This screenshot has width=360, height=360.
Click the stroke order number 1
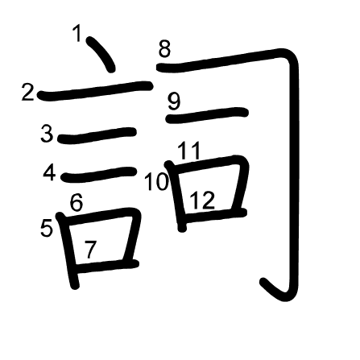(78, 33)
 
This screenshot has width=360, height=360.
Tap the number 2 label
(28, 93)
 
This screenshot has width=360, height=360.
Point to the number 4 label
(49, 173)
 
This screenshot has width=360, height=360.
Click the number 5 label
(46, 228)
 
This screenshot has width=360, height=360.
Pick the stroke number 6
(77, 202)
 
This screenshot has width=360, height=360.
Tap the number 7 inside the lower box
(90, 250)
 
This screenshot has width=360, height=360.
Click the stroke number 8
(164, 49)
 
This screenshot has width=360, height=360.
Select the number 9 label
(174, 101)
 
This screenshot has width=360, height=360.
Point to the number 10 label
(156, 182)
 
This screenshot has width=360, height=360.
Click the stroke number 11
(189, 151)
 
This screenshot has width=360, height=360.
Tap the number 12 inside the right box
(203, 200)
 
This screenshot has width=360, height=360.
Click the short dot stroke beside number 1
(101, 54)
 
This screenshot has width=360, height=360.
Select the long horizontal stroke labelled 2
(95, 90)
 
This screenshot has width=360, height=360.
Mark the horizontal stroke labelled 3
(97, 135)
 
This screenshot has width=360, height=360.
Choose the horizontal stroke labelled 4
(98, 175)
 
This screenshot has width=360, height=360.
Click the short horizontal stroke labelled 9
(207, 115)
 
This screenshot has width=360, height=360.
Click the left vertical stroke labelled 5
(67, 250)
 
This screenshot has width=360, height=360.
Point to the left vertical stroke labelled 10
(176, 196)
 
